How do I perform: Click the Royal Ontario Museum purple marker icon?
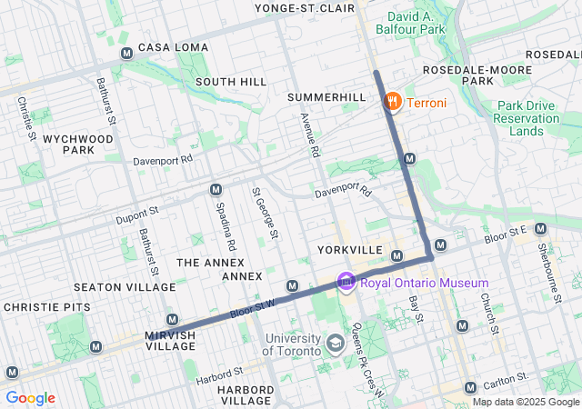tap(346, 284)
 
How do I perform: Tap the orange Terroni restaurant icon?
tap(393, 102)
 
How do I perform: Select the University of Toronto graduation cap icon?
tap(336, 344)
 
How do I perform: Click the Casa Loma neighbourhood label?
tap(173, 47)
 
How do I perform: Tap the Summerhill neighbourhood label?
tap(326, 96)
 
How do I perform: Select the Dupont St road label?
tap(137, 214)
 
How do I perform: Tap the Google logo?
tap(30, 398)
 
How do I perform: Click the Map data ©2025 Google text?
tap(525, 402)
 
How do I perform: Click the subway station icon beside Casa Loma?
tap(126, 53)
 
